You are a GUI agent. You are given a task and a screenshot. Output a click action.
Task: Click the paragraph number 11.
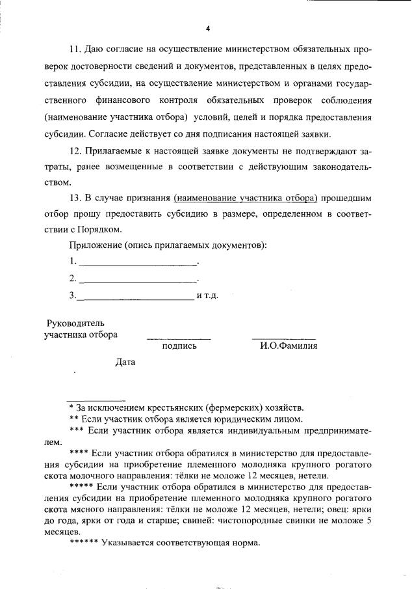click(74, 49)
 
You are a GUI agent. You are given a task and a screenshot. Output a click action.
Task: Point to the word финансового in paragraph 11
click(125, 100)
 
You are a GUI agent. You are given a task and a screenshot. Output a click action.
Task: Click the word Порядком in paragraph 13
click(103, 229)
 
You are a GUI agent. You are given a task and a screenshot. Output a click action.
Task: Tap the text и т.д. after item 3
click(207, 296)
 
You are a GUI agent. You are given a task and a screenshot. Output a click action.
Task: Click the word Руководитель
click(75, 323)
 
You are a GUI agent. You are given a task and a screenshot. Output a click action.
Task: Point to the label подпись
click(179, 346)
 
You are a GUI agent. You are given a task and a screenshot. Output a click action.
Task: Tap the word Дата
click(125, 362)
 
